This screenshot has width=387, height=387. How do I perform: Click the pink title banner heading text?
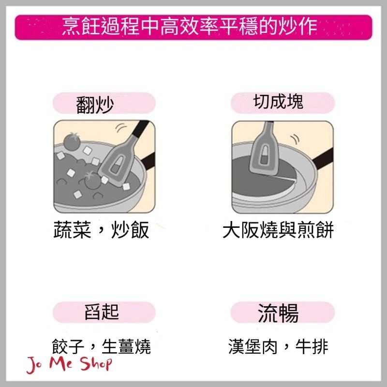click(190, 26)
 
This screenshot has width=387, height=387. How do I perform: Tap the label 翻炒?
click(95, 105)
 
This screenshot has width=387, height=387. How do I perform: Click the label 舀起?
click(102, 312)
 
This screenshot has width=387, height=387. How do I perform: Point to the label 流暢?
click(278, 313)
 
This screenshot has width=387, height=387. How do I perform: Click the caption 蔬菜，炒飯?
click(101, 230)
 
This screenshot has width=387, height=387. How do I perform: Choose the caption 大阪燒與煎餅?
click(278, 230)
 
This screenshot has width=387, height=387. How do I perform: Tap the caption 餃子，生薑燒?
click(101, 346)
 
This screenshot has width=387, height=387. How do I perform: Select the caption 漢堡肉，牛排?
click(278, 346)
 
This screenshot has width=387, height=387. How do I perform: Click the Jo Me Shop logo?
click(69, 364)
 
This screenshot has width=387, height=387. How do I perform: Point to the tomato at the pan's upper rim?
click(72, 141)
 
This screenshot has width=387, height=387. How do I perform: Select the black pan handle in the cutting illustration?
click(323, 159)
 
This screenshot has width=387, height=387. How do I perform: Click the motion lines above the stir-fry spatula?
click(122, 128)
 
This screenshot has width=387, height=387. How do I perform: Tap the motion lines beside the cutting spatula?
click(296, 139)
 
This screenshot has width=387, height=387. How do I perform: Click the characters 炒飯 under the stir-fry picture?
click(130, 230)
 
